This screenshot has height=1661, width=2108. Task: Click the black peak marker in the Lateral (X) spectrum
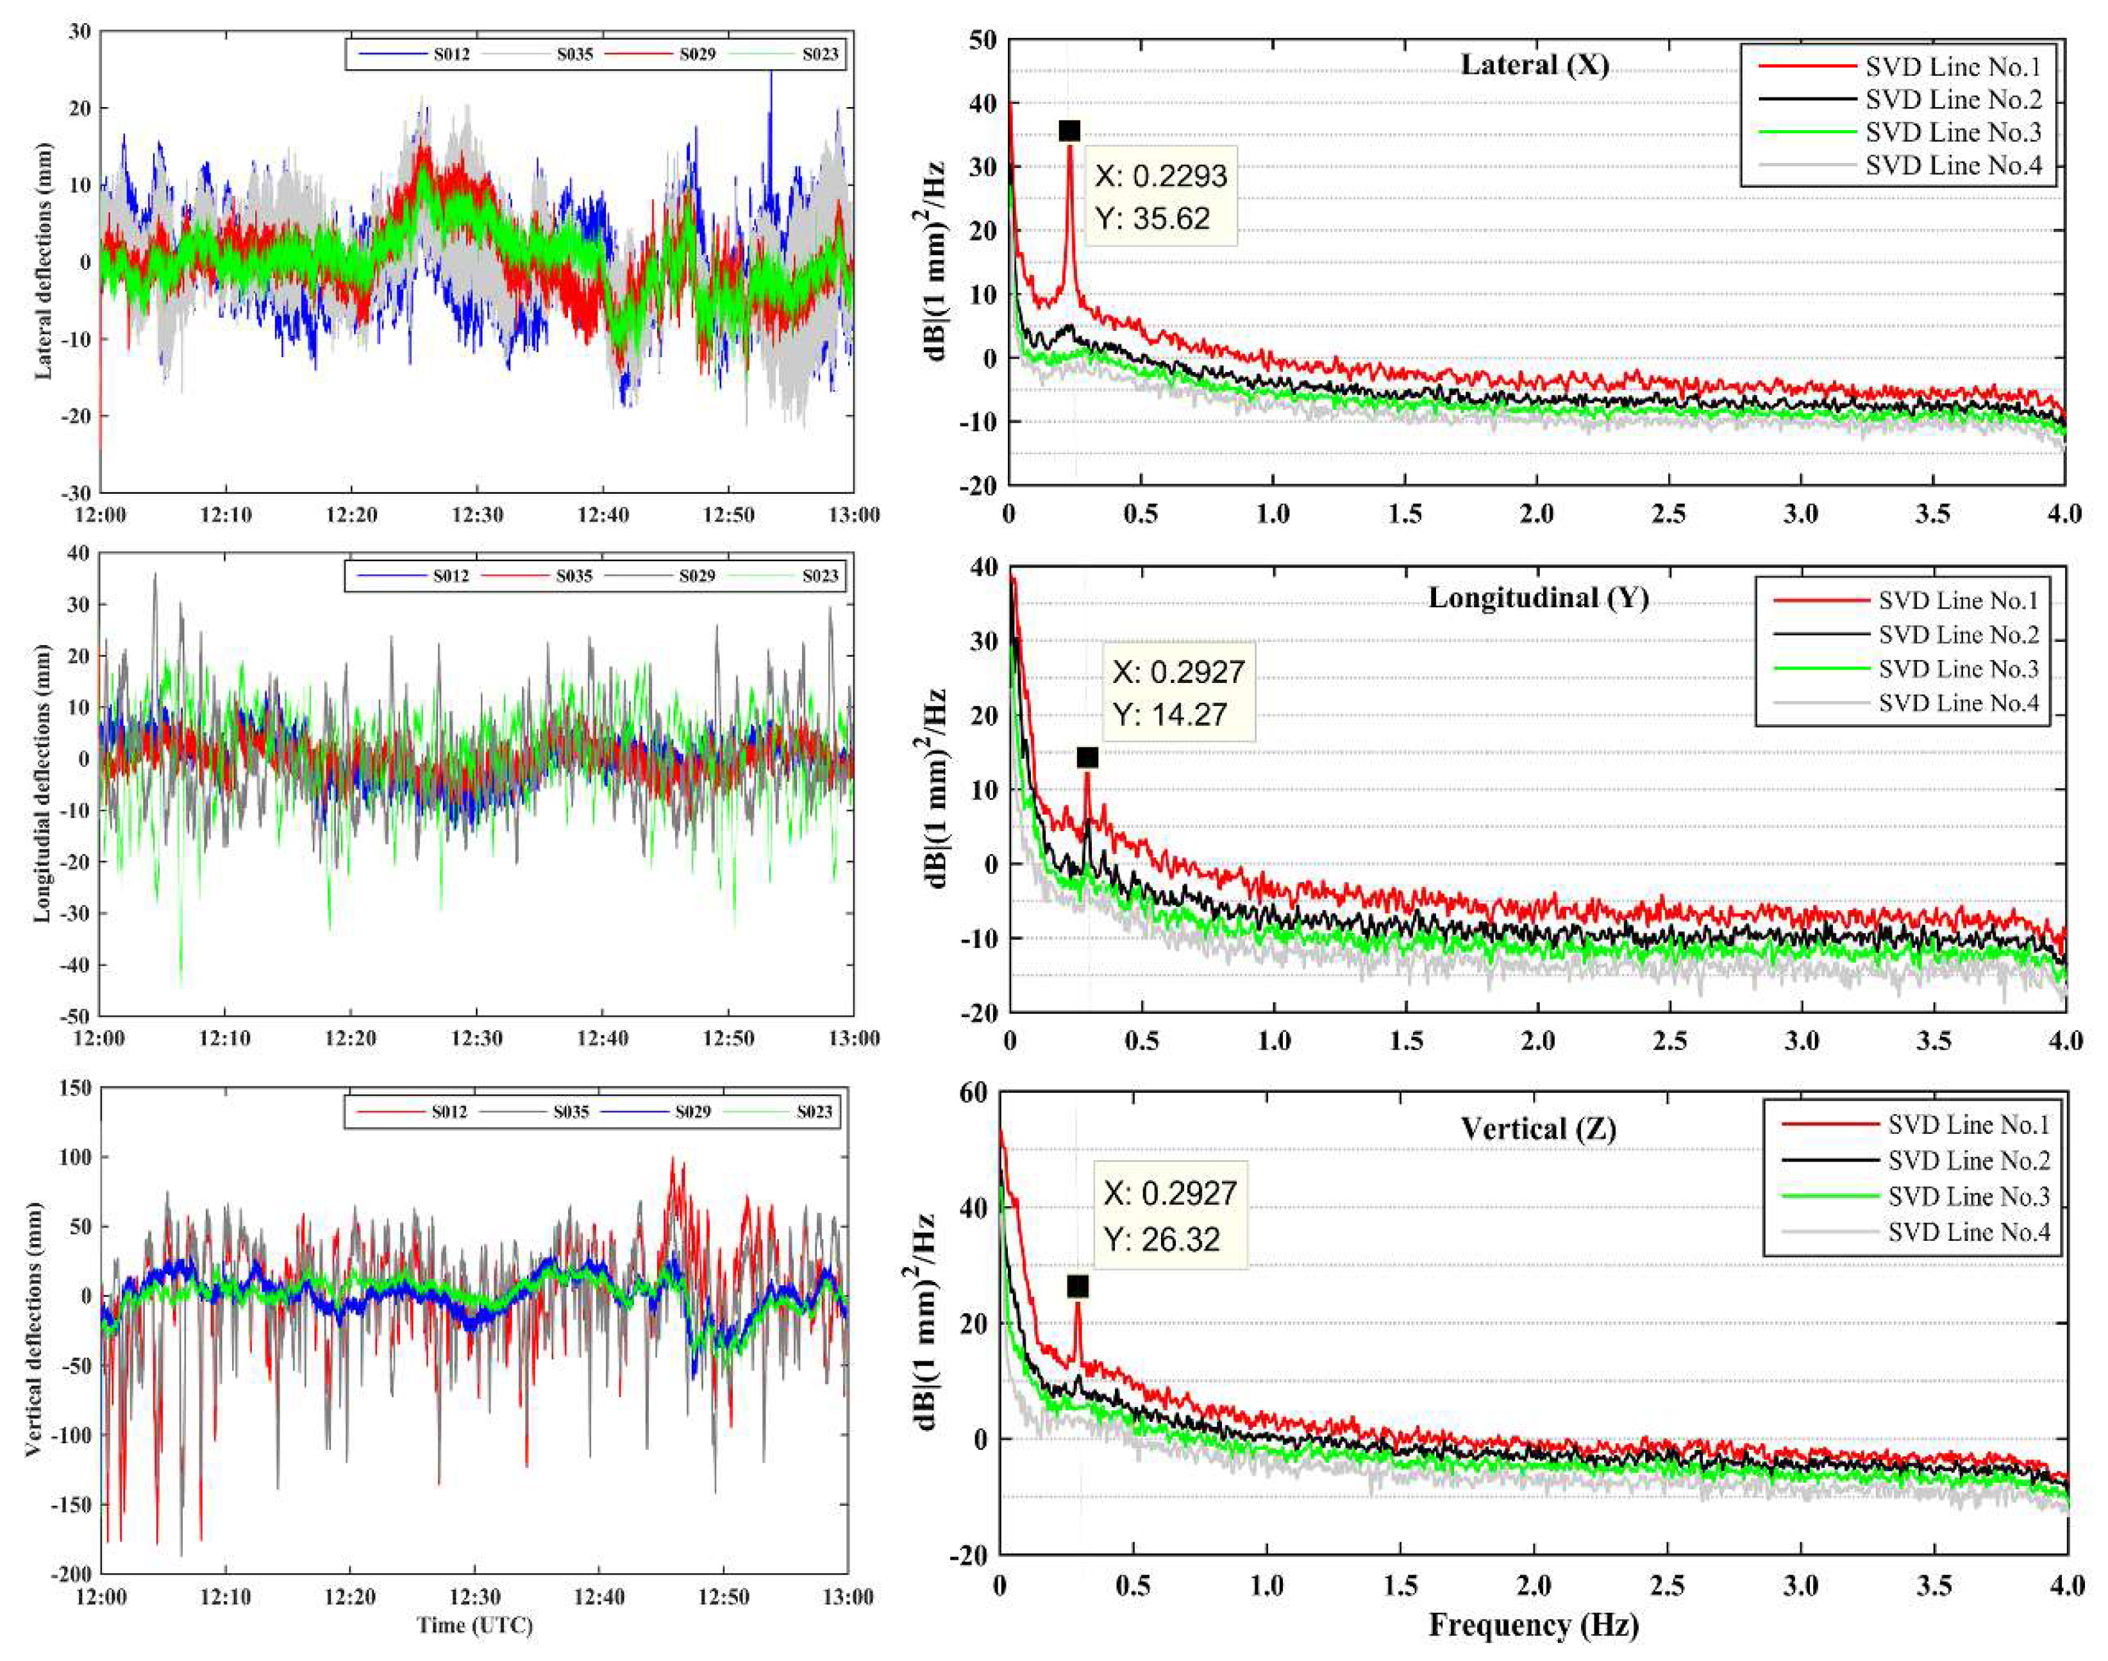click(1069, 131)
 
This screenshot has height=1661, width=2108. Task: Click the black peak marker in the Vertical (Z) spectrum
click(1077, 1286)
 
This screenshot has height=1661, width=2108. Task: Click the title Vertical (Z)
click(1538, 1128)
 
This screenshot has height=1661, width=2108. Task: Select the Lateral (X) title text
click(1534, 65)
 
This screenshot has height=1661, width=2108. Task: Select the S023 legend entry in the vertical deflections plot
click(814, 1111)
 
